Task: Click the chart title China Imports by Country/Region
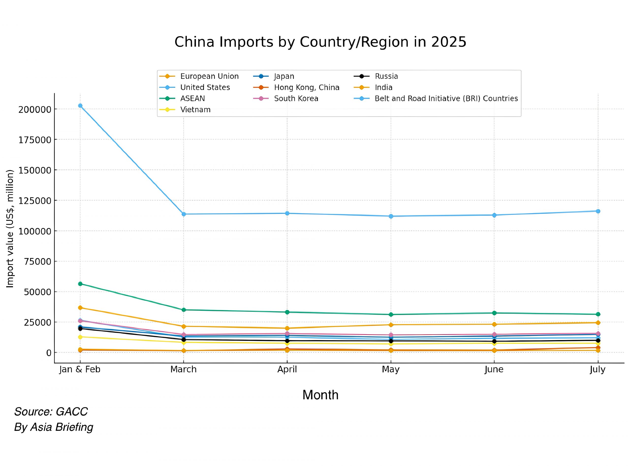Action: pyautogui.click(x=320, y=42)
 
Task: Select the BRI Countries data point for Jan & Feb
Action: pyautogui.click(x=80, y=106)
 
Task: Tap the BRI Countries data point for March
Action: pyautogui.click(x=184, y=214)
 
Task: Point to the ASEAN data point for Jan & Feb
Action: pyautogui.click(x=80, y=284)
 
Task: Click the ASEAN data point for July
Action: pyautogui.click(x=598, y=314)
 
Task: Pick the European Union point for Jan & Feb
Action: pyautogui.click(x=80, y=308)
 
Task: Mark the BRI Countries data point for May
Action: pyautogui.click(x=391, y=216)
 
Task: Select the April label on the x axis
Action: pyautogui.click(x=287, y=370)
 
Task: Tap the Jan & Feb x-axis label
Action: pyautogui.click(x=80, y=370)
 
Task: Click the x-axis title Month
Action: pyautogui.click(x=320, y=395)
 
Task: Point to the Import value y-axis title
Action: pyautogui.click(x=10, y=229)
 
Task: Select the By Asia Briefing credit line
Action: pyautogui.click(x=54, y=427)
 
